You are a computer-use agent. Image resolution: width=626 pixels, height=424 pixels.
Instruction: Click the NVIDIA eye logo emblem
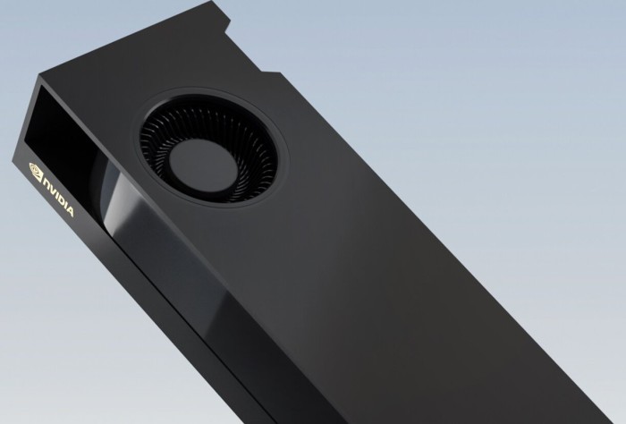[36, 171]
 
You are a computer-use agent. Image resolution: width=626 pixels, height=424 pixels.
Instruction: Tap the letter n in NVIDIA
[47, 185]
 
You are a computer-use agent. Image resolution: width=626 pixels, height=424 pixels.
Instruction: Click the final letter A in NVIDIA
[70, 211]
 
